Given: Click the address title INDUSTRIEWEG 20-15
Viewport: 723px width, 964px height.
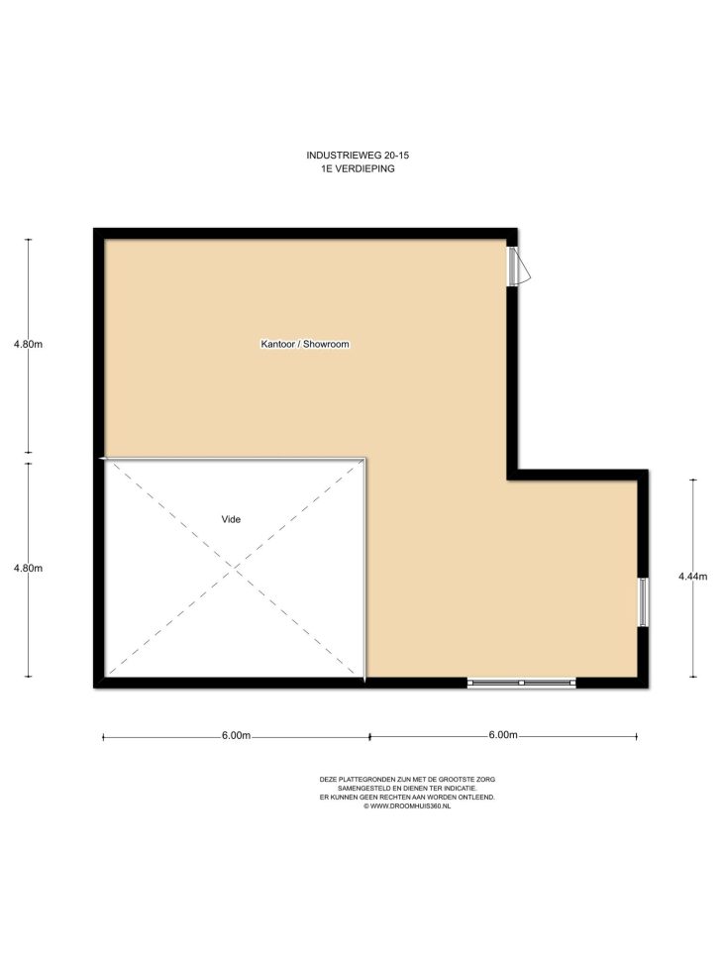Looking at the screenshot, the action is coord(358,155).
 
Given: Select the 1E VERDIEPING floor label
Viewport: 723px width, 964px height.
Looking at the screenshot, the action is coord(358,168).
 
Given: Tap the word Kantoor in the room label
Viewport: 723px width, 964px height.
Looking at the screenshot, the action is coord(278,345).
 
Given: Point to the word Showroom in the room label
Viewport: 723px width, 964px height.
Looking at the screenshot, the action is coord(327,345).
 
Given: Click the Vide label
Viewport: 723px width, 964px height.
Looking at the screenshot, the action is coord(231,519).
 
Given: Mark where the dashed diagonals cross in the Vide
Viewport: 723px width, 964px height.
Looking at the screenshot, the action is coord(235,569).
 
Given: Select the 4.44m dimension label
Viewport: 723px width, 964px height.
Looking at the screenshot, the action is coord(693,577).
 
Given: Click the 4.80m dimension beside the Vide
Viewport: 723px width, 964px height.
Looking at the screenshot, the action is coord(29,568).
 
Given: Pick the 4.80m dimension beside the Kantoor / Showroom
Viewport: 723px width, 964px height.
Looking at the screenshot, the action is coord(29,345).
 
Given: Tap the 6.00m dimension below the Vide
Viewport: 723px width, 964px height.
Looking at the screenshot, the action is coord(236,736).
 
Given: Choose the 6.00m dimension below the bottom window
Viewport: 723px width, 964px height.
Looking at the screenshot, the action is coord(503,735).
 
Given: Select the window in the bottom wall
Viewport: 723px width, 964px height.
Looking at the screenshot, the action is coord(521,683).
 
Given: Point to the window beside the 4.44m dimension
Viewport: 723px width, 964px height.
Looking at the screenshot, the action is coord(643,602).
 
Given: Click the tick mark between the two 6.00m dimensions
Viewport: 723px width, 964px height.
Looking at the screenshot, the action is coord(369,737).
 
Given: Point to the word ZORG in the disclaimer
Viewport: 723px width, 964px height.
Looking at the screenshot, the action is coord(485,780).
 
